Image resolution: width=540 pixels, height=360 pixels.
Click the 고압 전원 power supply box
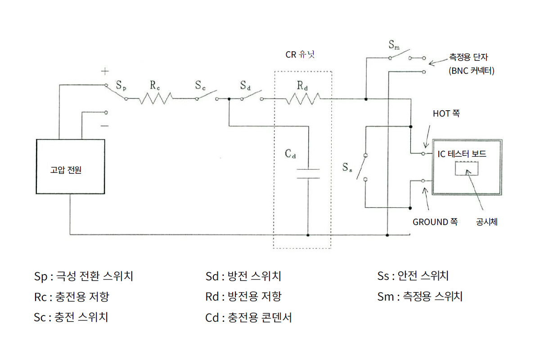click(x=70, y=166)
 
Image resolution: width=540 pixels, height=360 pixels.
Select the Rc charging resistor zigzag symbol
click(x=155, y=98)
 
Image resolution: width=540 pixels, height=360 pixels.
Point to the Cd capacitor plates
click(x=308, y=174)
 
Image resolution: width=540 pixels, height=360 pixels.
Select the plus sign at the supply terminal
click(x=104, y=71)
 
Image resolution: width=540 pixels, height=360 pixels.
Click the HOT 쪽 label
click(x=446, y=114)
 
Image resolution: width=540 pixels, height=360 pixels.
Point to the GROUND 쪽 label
click(x=435, y=222)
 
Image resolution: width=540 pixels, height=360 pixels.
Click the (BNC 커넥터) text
click(x=471, y=71)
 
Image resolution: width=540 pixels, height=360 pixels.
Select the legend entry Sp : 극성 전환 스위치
click(x=83, y=276)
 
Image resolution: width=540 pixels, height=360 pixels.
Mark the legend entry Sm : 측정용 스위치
click(x=420, y=297)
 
